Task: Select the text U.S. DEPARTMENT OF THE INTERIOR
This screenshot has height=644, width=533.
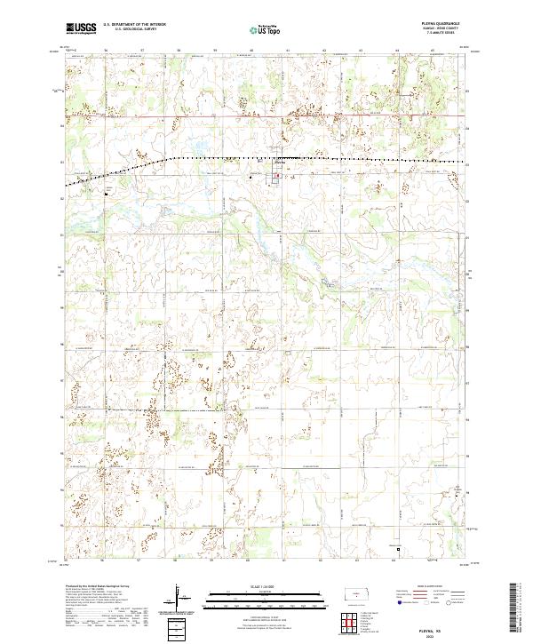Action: coord(134,25)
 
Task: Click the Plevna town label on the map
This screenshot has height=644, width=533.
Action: coord(278,162)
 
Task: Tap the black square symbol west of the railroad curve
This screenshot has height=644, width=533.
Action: coord(107,191)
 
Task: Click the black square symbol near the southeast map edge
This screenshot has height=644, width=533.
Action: coord(399,549)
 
